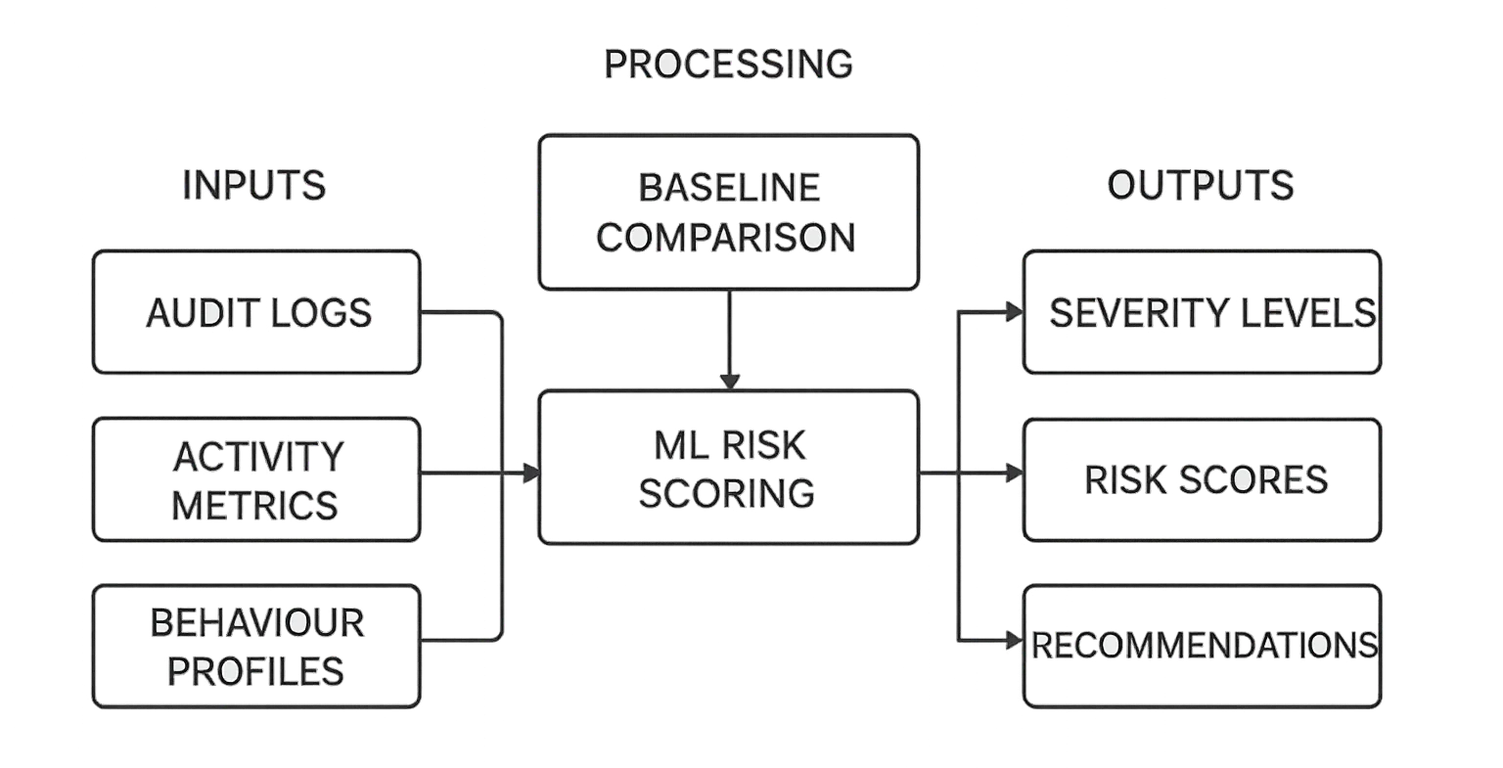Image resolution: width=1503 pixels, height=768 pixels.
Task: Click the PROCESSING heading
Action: point(728,65)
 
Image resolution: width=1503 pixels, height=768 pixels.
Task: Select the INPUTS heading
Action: point(253,185)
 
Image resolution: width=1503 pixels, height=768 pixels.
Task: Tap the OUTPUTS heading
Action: point(1201,185)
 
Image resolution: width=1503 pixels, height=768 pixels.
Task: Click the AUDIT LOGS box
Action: point(256,312)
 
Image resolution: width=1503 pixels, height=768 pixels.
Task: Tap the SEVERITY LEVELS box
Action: point(1203,312)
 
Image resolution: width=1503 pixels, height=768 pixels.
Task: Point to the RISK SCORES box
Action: point(1203,479)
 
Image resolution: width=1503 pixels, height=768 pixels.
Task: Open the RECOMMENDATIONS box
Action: point(1203,646)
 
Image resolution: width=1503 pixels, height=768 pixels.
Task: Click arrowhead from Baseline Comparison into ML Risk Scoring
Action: point(729,381)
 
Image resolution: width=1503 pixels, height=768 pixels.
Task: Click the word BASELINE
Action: point(728,187)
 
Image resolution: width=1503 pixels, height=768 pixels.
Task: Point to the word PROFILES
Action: point(256,671)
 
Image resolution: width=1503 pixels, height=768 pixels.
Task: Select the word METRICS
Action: point(256,505)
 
